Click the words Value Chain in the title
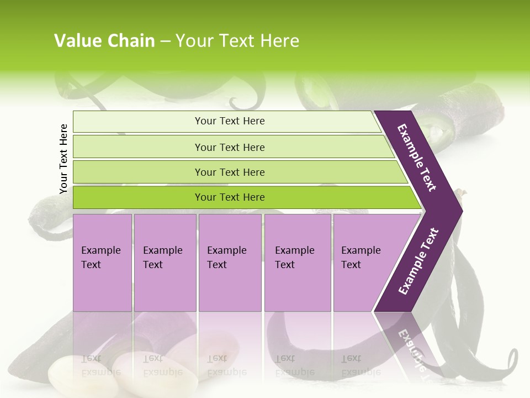tap(104, 41)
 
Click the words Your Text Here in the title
tap(237, 41)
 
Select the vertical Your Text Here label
tap(64, 159)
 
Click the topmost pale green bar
tap(229, 121)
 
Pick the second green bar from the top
tap(229, 147)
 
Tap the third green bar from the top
tap(229, 172)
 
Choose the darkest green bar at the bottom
tap(229, 197)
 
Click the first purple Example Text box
tap(102, 262)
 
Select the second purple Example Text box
tap(165, 262)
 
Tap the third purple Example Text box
tap(229, 262)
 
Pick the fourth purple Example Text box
tap(297, 262)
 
